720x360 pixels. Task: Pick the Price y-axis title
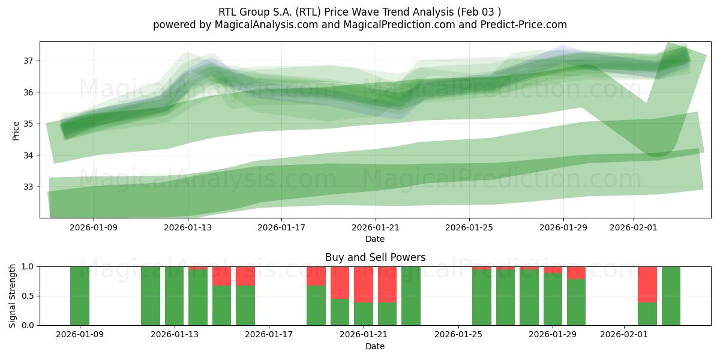click(16, 130)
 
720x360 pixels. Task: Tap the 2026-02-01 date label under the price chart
click(634, 227)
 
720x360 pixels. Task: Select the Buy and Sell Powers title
click(375, 257)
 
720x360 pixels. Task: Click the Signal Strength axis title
click(13, 296)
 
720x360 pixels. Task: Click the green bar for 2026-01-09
click(80, 296)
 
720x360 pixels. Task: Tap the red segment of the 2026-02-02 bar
click(647, 284)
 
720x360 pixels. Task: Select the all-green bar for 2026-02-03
click(671, 296)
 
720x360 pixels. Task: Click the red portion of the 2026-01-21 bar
click(364, 284)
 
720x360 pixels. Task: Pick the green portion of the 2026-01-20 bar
click(340, 312)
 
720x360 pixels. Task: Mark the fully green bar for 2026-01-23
click(411, 296)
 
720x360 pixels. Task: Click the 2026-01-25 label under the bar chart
click(458, 335)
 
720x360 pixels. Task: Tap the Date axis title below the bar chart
click(375, 346)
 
